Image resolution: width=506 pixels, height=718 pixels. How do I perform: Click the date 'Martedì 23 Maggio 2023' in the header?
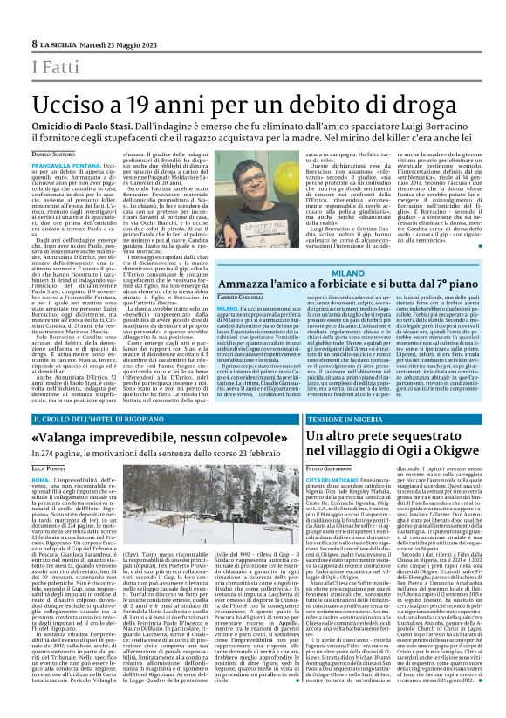pos(117,43)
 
